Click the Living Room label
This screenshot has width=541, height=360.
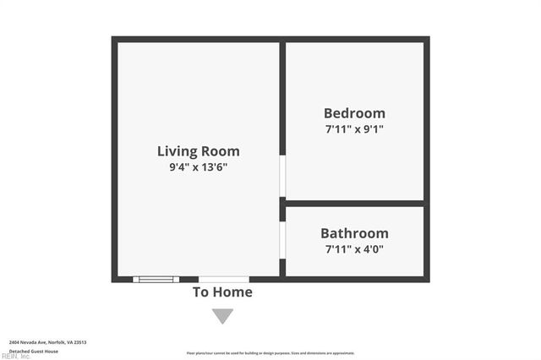198,151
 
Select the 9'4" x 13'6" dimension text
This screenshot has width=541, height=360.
198,167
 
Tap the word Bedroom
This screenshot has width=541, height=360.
354,113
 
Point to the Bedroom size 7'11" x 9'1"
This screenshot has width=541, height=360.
354,129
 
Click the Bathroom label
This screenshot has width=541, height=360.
354,233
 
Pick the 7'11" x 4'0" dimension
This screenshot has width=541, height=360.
354,249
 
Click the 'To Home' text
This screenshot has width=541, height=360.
222,292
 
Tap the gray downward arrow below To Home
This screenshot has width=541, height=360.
222,316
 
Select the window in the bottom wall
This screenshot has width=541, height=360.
156,279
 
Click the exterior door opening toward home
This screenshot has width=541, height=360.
223,279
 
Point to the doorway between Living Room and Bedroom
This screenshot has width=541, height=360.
282,176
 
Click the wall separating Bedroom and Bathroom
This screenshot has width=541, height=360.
354,203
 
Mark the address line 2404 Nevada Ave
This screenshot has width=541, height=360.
47,342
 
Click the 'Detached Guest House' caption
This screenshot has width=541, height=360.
34,351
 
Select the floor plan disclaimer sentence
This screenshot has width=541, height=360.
270,353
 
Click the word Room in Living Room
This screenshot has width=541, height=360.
219,151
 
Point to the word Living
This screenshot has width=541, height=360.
176,151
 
